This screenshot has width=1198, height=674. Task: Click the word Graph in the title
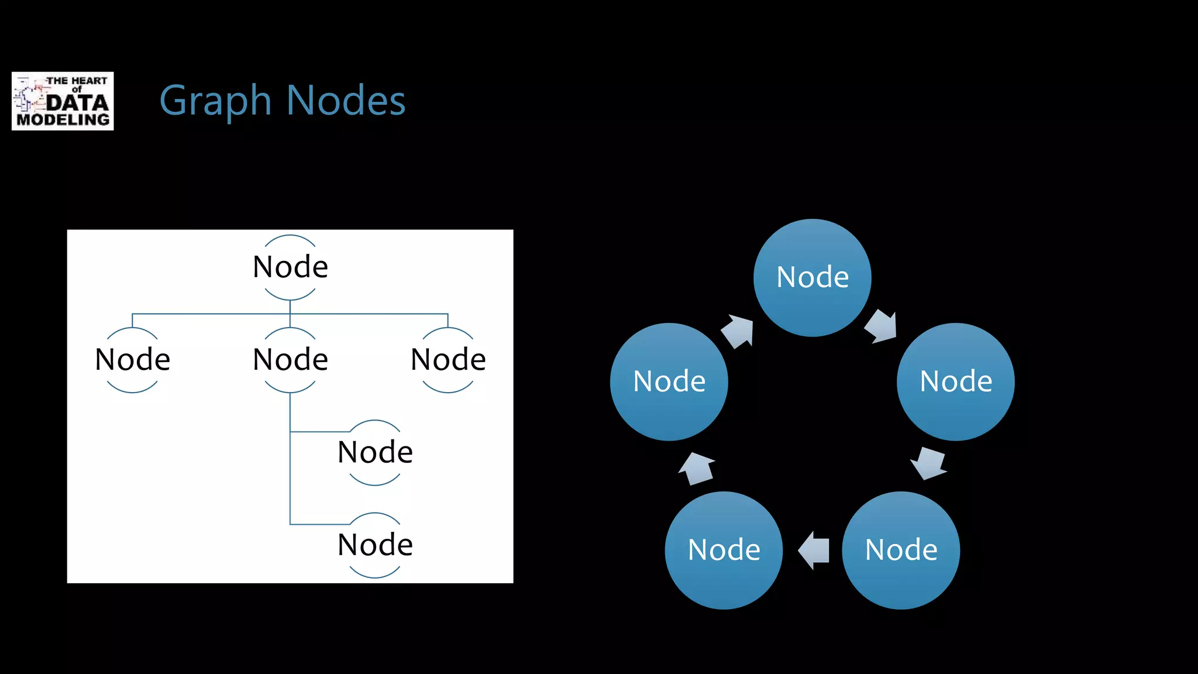click(215, 101)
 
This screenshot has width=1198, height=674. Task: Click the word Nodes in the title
click(346, 101)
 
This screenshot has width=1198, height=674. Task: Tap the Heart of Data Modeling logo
click(63, 101)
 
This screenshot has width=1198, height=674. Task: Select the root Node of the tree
click(290, 267)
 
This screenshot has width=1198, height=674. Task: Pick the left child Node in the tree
click(132, 359)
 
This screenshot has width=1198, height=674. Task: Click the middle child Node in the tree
click(290, 359)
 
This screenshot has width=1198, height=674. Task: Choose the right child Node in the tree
click(448, 359)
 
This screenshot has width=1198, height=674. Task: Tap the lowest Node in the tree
click(375, 545)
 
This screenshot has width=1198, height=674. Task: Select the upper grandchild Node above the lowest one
click(375, 452)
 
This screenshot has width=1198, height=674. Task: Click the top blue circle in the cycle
click(812, 277)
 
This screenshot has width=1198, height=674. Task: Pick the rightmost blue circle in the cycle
click(955, 381)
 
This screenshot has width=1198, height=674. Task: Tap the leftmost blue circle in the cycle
click(669, 381)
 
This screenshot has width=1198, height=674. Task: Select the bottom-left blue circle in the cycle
click(724, 550)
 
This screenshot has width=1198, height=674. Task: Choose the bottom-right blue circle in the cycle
click(901, 550)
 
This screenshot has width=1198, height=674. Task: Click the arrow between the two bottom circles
click(814, 550)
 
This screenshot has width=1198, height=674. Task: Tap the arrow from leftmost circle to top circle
click(738, 331)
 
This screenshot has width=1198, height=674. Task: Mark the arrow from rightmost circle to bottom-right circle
click(928, 463)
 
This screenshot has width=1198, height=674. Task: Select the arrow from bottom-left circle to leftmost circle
click(697, 469)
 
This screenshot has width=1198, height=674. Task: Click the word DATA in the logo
click(77, 103)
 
